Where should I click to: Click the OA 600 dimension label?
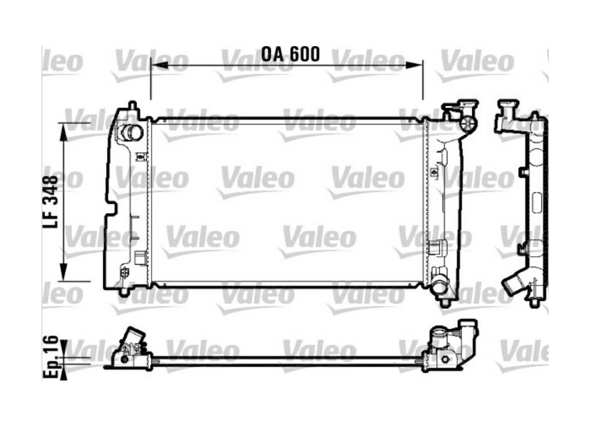click(290, 54)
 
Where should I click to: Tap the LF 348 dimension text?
click(51, 201)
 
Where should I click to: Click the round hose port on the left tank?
click(130, 134)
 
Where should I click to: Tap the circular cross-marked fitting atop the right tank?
click(468, 124)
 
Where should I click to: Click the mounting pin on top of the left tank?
click(132, 105)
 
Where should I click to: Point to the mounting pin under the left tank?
click(124, 293)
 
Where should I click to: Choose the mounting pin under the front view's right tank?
click(445, 302)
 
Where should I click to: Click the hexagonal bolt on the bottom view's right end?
click(445, 359)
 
